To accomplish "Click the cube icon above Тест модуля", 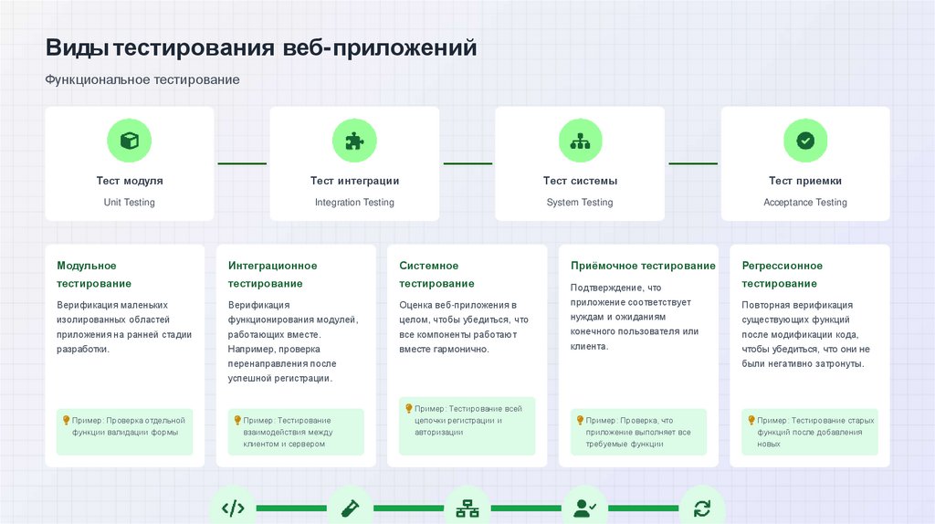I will point(129,141).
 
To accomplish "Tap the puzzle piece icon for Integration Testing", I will point(354,141).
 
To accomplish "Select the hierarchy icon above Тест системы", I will point(580,141).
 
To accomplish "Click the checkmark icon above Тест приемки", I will point(805,141).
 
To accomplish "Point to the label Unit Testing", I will point(129,203).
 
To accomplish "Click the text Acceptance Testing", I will point(805,203).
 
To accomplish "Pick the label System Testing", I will point(580,203).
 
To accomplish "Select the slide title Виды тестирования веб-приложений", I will point(261,47).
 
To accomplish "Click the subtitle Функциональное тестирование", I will point(142,80).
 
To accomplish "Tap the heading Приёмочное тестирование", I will point(643,266).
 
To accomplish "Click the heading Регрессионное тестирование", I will point(782,274).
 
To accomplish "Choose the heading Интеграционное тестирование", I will point(272,274).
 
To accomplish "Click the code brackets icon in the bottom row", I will point(233,508).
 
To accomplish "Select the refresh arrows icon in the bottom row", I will point(701,508).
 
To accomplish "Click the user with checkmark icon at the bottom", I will point(584,508).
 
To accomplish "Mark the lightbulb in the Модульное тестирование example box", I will point(66,420).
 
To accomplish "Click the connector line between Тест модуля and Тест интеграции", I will point(242,163).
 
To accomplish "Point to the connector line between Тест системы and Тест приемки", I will point(693,163).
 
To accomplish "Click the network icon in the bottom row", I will point(467,508).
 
